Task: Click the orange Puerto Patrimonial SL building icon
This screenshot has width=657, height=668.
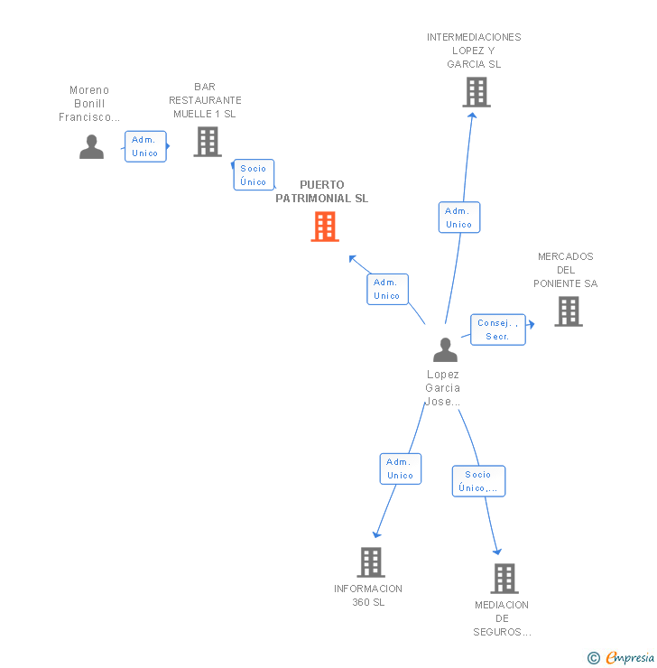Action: (x=325, y=227)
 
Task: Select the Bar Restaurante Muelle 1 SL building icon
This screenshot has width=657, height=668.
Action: (x=208, y=142)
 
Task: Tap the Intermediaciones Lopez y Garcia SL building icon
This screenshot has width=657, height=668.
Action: (x=476, y=92)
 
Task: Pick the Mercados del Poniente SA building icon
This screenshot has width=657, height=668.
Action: (x=568, y=311)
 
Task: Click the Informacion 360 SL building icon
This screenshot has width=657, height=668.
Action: (x=370, y=562)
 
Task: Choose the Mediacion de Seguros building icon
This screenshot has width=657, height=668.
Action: (x=504, y=579)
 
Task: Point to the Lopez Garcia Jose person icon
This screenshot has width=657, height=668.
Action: (x=445, y=349)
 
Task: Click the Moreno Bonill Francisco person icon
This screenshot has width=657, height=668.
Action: (x=91, y=146)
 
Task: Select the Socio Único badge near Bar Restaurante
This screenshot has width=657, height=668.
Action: (x=254, y=175)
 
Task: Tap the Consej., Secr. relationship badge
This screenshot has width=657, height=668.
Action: (x=497, y=329)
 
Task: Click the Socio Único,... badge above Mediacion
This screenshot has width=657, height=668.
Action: (x=478, y=481)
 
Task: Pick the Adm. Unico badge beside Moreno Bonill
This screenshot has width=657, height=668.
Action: (x=144, y=146)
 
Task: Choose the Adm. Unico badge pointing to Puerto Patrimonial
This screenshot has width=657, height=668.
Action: (x=387, y=289)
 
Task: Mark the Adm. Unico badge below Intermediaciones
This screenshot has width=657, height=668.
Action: (x=458, y=218)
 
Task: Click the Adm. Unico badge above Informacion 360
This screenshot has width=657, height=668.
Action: (x=400, y=469)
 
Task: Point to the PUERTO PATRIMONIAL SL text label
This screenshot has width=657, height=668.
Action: (x=322, y=191)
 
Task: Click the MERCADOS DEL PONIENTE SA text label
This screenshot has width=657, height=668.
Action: (x=566, y=270)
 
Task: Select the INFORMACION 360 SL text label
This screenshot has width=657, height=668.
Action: (x=368, y=595)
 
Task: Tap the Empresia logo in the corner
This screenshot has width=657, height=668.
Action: (x=622, y=658)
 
